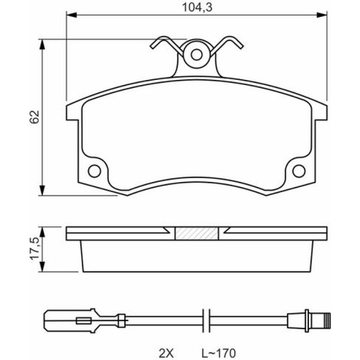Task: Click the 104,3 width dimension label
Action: tap(197, 7)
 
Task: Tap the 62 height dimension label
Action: tap(35, 117)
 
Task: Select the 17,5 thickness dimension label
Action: tap(35, 249)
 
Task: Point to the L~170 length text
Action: tap(218, 352)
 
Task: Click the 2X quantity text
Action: tap(167, 352)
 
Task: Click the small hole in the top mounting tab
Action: tap(196, 55)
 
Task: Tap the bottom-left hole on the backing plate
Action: tap(94, 171)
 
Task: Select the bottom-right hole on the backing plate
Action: tap(299, 171)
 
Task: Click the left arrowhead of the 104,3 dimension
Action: tap(71, 15)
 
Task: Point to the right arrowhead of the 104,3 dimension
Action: tap(322, 15)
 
